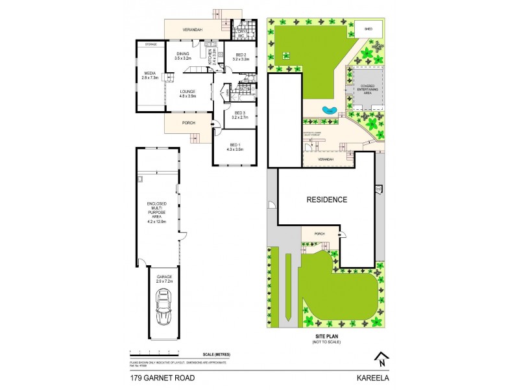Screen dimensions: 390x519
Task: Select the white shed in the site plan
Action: click(367, 29)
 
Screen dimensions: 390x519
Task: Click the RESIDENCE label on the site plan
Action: click(328, 200)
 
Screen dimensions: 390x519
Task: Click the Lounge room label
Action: click(188, 94)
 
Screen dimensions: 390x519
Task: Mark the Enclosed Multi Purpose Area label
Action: click(156, 213)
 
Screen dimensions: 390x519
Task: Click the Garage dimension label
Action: click(165, 279)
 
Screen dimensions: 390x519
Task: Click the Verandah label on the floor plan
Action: click(192, 30)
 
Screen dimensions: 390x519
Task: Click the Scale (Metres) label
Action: click(217, 354)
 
